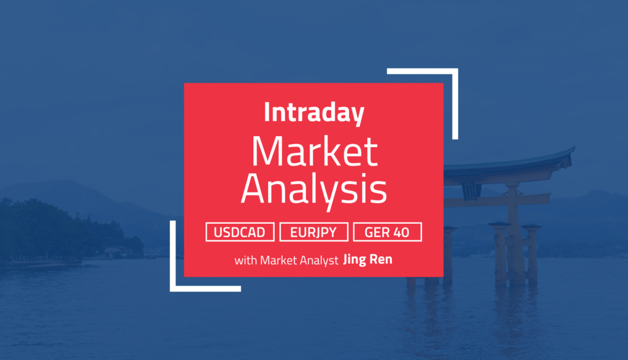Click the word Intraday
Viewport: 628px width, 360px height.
313,113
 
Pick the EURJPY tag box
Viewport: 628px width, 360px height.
314,232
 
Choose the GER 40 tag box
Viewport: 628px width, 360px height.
388,232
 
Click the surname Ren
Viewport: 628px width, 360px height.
383,260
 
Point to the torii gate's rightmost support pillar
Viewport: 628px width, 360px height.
531,255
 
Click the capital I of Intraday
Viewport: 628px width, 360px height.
267,113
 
